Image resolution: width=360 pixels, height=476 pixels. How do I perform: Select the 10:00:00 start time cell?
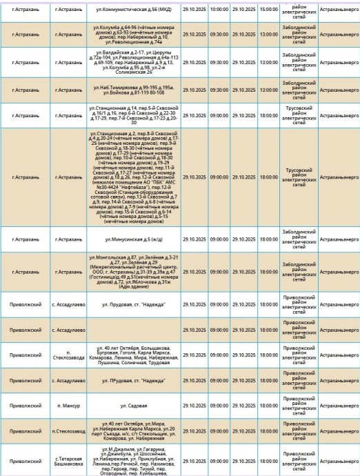pos(219,12)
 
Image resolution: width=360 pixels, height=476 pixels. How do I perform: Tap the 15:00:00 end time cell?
pos(269,12)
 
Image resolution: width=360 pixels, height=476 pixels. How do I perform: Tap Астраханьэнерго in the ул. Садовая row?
pos(339,408)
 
